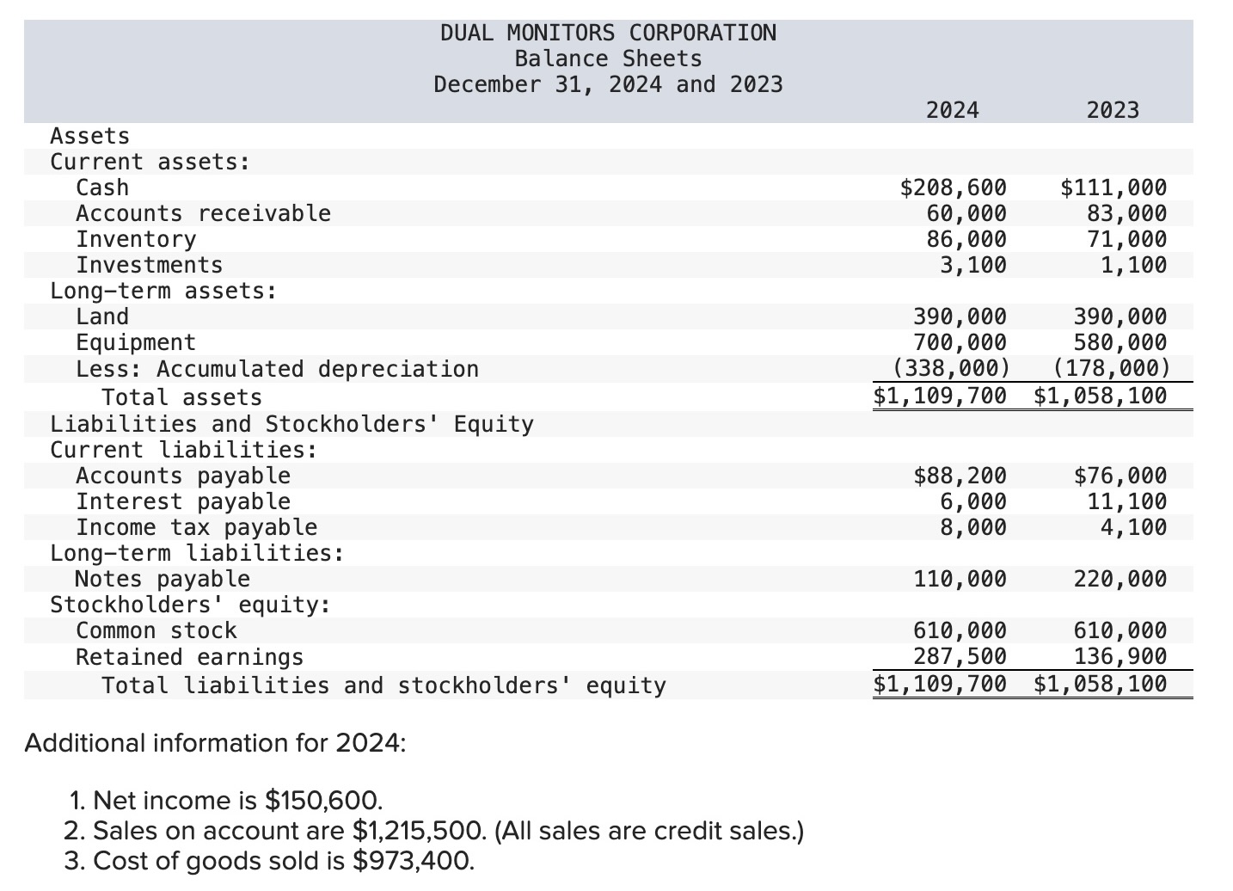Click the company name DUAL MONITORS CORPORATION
click(608, 33)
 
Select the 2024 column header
click(953, 110)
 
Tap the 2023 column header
click(1113, 110)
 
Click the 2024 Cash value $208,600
click(953, 187)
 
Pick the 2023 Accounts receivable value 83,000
click(1126, 213)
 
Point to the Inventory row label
click(136, 240)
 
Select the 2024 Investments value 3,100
click(972, 266)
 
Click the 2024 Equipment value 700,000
click(960, 342)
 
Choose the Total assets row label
click(181, 397)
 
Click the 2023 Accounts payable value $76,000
click(1120, 476)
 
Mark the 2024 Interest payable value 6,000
click(972, 501)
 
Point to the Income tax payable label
click(197, 527)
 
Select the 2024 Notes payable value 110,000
click(960, 579)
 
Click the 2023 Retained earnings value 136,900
click(1120, 656)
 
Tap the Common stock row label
click(156, 630)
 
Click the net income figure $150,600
click(323, 800)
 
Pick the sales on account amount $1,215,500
click(420, 831)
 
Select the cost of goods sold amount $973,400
click(413, 861)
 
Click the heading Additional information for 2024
click(215, 743)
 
